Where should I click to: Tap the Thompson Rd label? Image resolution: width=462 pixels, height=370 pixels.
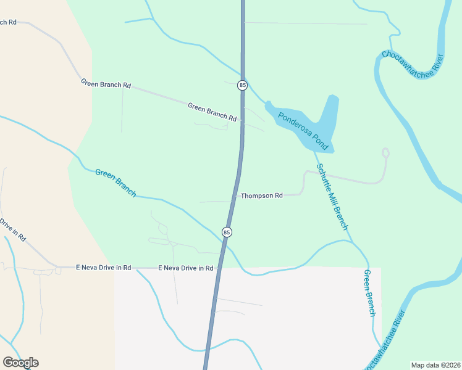point(261,195)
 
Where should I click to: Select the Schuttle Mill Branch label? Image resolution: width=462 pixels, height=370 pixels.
point(332,196)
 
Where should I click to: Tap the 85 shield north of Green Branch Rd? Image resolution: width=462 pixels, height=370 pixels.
point(243,85)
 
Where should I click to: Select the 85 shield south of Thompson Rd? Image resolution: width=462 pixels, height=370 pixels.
point(227,232)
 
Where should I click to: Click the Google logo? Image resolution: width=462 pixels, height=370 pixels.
point(20,363)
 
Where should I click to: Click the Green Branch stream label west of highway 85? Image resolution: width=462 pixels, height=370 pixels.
point(115,183)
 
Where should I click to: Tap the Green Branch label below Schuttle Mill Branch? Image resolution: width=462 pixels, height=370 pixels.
point(369,293)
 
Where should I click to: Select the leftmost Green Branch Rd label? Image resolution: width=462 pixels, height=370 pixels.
point(106,83)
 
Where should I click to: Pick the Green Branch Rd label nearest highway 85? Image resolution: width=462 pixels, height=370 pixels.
point(212,112)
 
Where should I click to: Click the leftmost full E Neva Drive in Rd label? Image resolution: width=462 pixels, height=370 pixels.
point(103,268)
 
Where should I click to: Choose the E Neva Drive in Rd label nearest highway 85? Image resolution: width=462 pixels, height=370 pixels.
point(186,268)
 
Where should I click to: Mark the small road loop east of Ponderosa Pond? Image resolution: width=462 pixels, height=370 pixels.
point(385,152)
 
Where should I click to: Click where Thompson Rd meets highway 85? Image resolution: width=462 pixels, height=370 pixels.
point(235,196)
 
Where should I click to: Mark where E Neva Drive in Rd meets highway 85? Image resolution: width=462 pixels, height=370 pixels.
point(220,268)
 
